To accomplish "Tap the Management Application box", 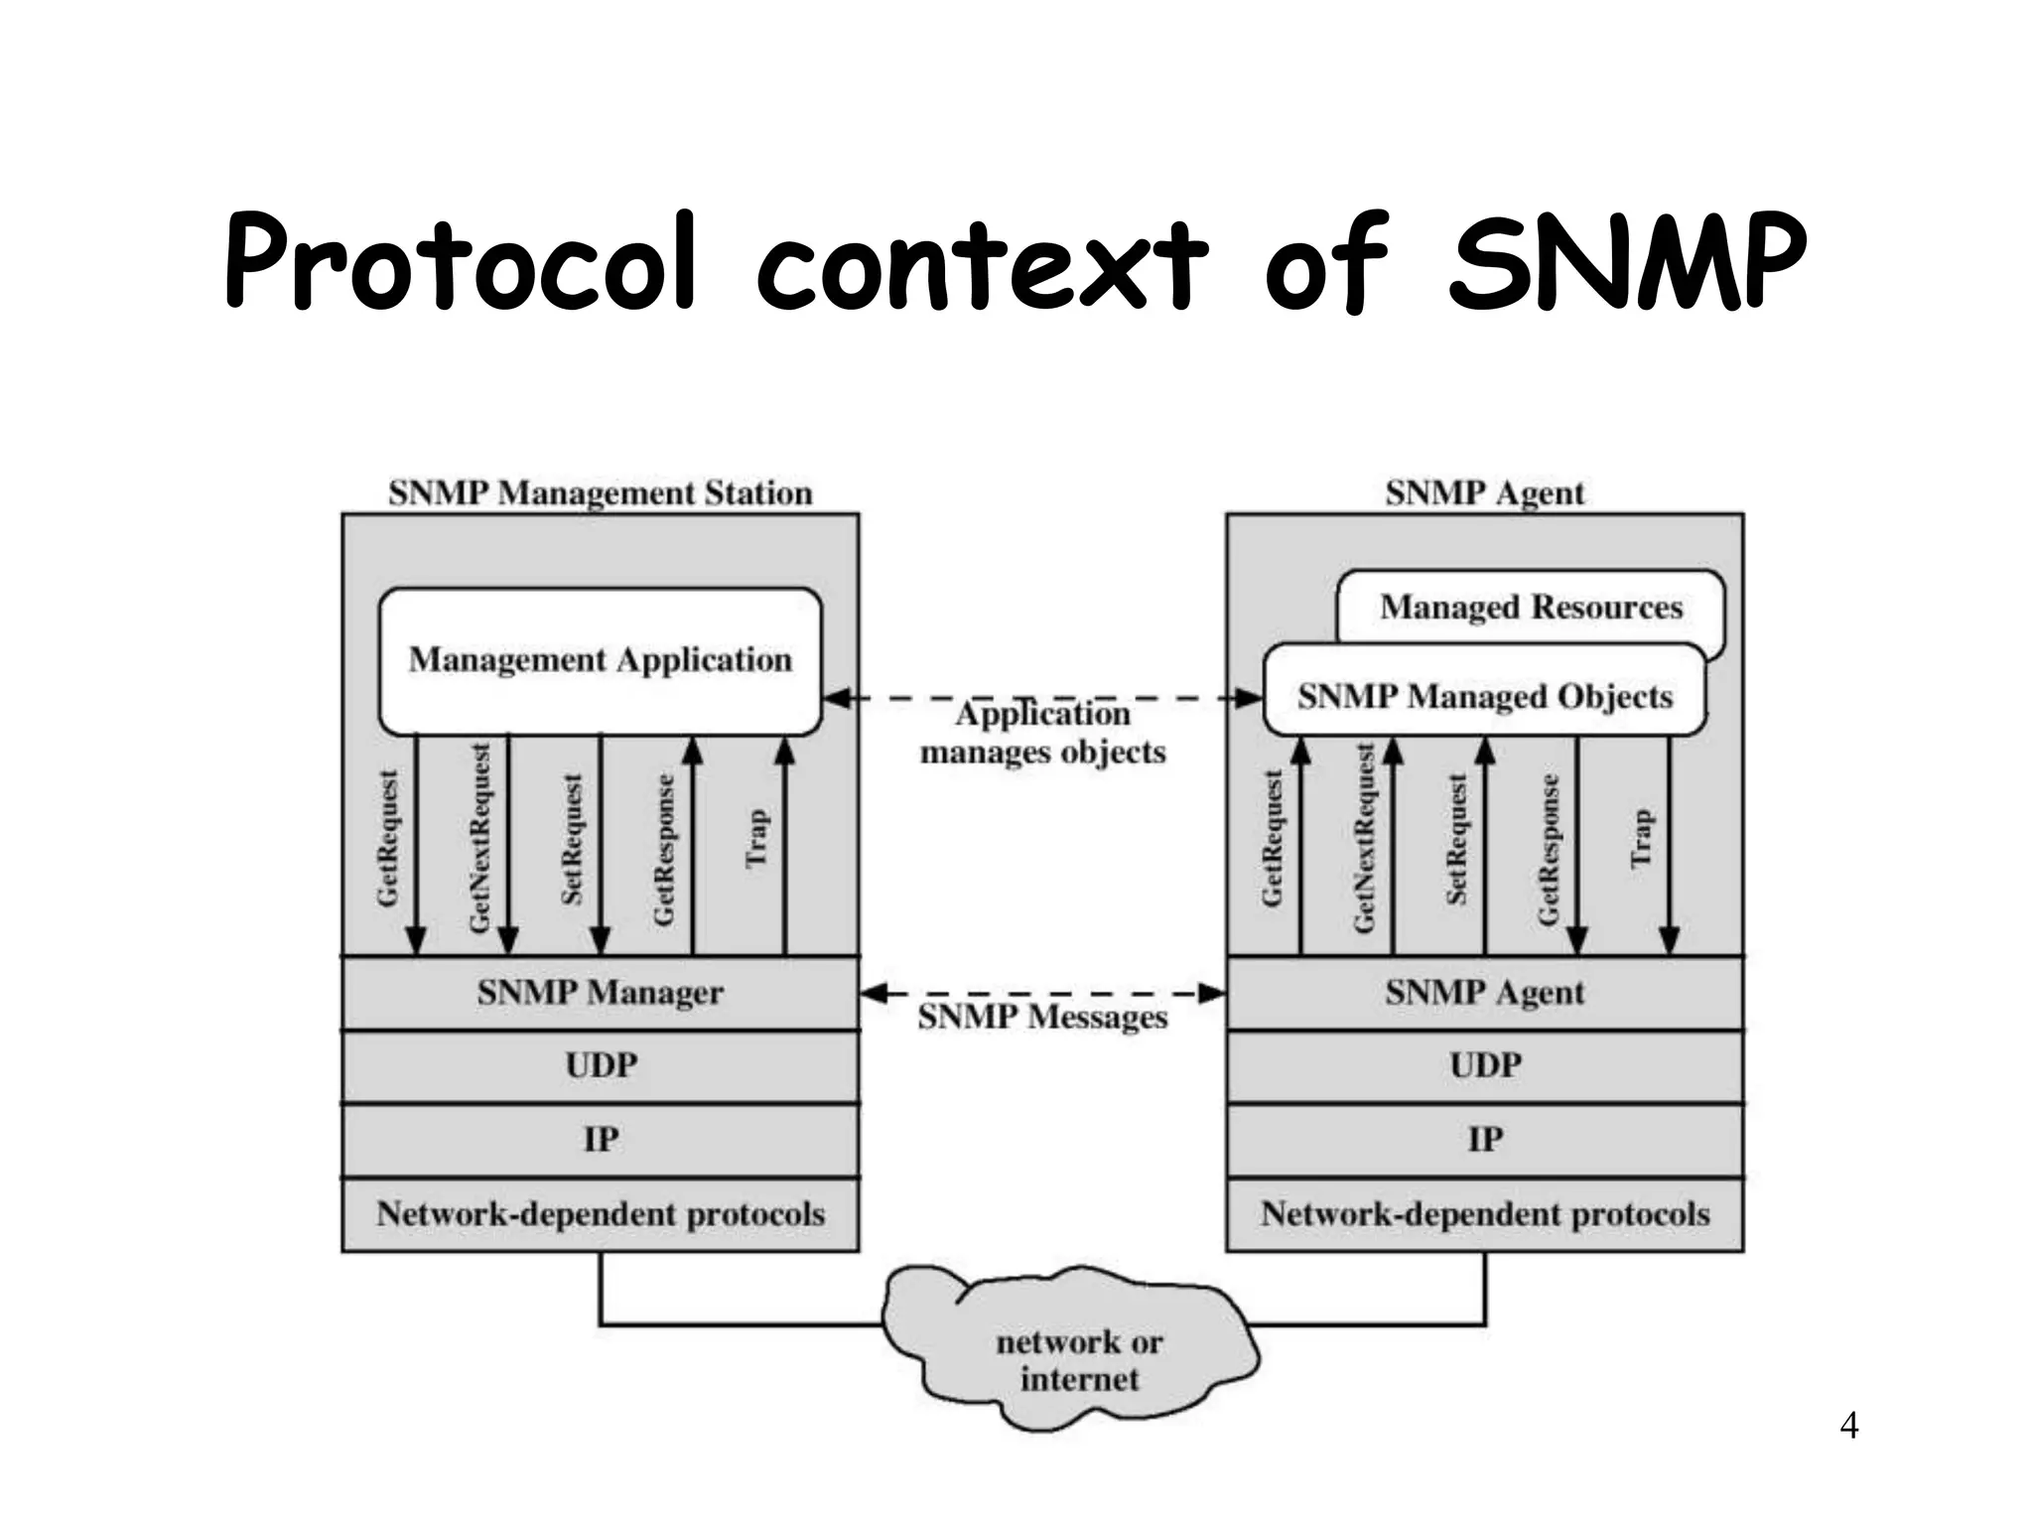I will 601,660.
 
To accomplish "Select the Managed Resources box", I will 1531,607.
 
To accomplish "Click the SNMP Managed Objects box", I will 1484,696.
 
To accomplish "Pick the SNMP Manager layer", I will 601,993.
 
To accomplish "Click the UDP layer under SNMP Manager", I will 601,1066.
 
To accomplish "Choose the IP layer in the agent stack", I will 1484,1140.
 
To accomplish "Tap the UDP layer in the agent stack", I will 1484,1066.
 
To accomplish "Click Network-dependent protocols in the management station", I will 601,1214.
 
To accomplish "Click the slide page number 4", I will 1848,1426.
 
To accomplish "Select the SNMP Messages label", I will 1042,1019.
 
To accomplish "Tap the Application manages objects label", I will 1042,734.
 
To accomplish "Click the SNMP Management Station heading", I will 601,492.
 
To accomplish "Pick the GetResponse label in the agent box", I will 1548,850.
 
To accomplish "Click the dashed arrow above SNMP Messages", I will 1042,993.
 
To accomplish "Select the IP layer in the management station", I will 601,1140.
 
